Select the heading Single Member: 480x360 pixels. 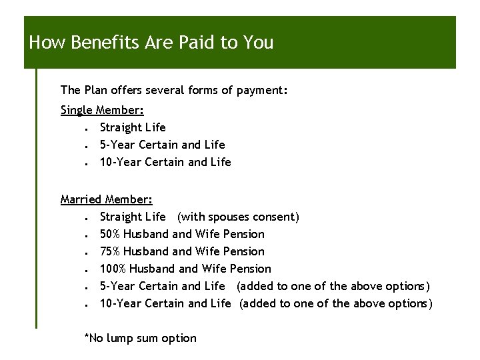coord(102,110)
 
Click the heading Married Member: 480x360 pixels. coord(107,199)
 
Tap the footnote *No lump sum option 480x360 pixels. coord(140,338)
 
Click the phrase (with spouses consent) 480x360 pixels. coord(238,217)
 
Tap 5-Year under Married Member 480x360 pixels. coord(116,286)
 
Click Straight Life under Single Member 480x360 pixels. coord(133,127)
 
